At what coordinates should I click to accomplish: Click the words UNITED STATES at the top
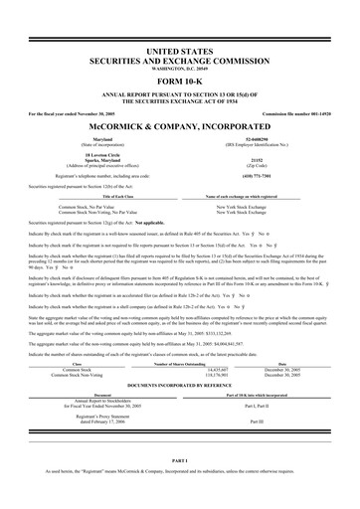pyautogui.click(x=180, y=49)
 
